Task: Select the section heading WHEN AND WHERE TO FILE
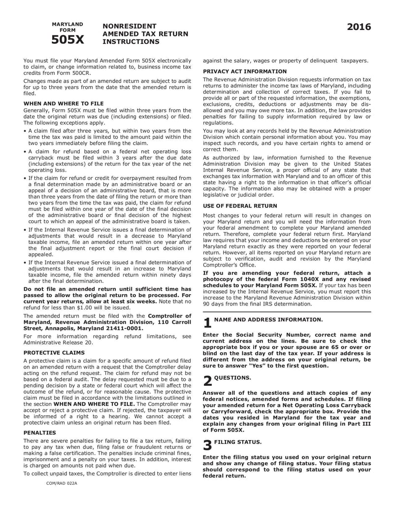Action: [64, 103]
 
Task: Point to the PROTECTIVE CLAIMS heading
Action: [54, 352]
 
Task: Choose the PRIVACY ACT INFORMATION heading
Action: [245, 71]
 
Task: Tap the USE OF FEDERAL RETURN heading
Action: [240, 205]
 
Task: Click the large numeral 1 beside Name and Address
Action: [207, 323]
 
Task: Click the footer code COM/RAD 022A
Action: [62, 483]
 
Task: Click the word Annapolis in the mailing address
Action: [58, 328]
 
